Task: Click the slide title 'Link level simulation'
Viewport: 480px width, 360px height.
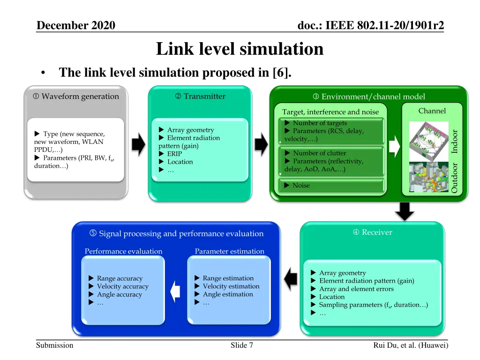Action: pyautogui.click(x=240, y=49)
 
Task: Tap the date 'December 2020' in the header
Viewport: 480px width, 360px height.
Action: pyautogui.click(x=76, y=25)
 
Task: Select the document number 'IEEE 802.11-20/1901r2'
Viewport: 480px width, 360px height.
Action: pyautogui.click(x=384, y=25)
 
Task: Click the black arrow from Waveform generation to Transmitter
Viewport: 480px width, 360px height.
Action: pyautogui.click(x=138, y=144)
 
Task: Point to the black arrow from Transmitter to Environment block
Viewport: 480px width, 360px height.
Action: pyautogui.click(x=261, y=144)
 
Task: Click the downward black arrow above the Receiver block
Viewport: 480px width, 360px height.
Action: pyautogui.click(x=405, y=211)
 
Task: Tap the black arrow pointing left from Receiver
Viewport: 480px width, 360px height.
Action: pyautogui.click(x=291, y=279)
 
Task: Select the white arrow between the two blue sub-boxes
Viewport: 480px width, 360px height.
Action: pyautogui.click(x=175, y=292)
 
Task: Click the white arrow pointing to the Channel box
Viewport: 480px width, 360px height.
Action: pyautogui.click(x=394, y=146)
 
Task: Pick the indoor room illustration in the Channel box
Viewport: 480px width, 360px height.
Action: pyautogui.click(x=429, y=141)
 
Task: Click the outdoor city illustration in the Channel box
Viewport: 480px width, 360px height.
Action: pyautogui.click(x=429, y=177)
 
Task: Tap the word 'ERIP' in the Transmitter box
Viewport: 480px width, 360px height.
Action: pyautogui.click(x=174, y=154)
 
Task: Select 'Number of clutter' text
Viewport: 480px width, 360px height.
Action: pyautogui.click(x=320, y=153)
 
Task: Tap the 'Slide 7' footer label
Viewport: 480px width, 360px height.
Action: pyautogui.click(x=242, y=345)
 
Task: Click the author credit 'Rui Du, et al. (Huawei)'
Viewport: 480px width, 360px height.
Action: pyautogui.click(x=411, y=345)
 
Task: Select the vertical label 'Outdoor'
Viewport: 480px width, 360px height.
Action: pyautogui.click(x=455, y=178)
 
